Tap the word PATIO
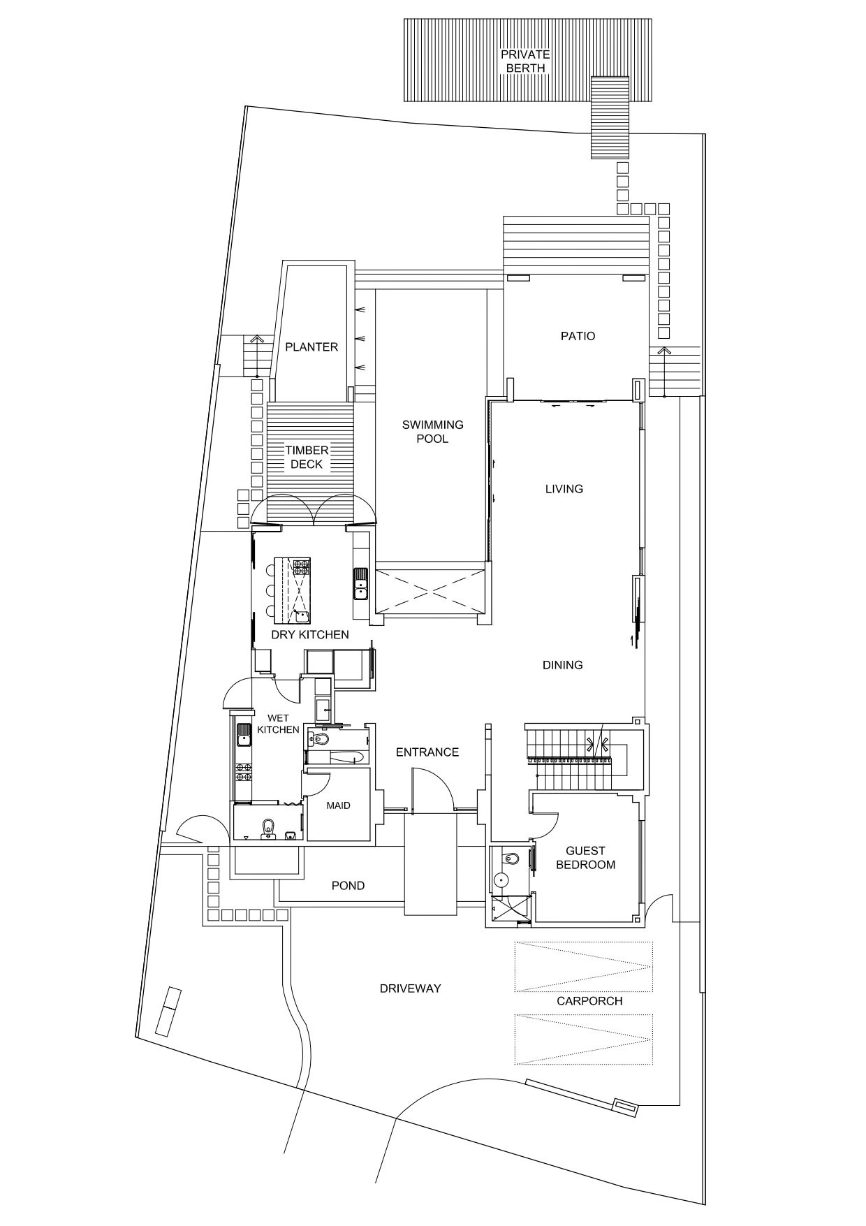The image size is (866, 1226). [578, 336]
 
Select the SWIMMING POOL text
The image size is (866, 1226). [432, 432]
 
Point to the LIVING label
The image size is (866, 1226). [564, 489]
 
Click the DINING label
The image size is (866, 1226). [562, 665]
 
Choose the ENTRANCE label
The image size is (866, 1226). [427, 752]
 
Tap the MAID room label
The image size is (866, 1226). [338, 805]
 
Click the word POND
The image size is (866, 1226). [348, 886]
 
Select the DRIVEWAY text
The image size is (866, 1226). [410, 988]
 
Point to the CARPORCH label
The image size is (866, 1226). [589, 1001]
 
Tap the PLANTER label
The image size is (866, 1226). [311, 347]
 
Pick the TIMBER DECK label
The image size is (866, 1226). [306, 458]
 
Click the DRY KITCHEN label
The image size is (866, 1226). [309, 635]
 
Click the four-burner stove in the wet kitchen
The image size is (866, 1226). [244, 771]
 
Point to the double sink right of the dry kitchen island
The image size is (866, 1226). [360, 584]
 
